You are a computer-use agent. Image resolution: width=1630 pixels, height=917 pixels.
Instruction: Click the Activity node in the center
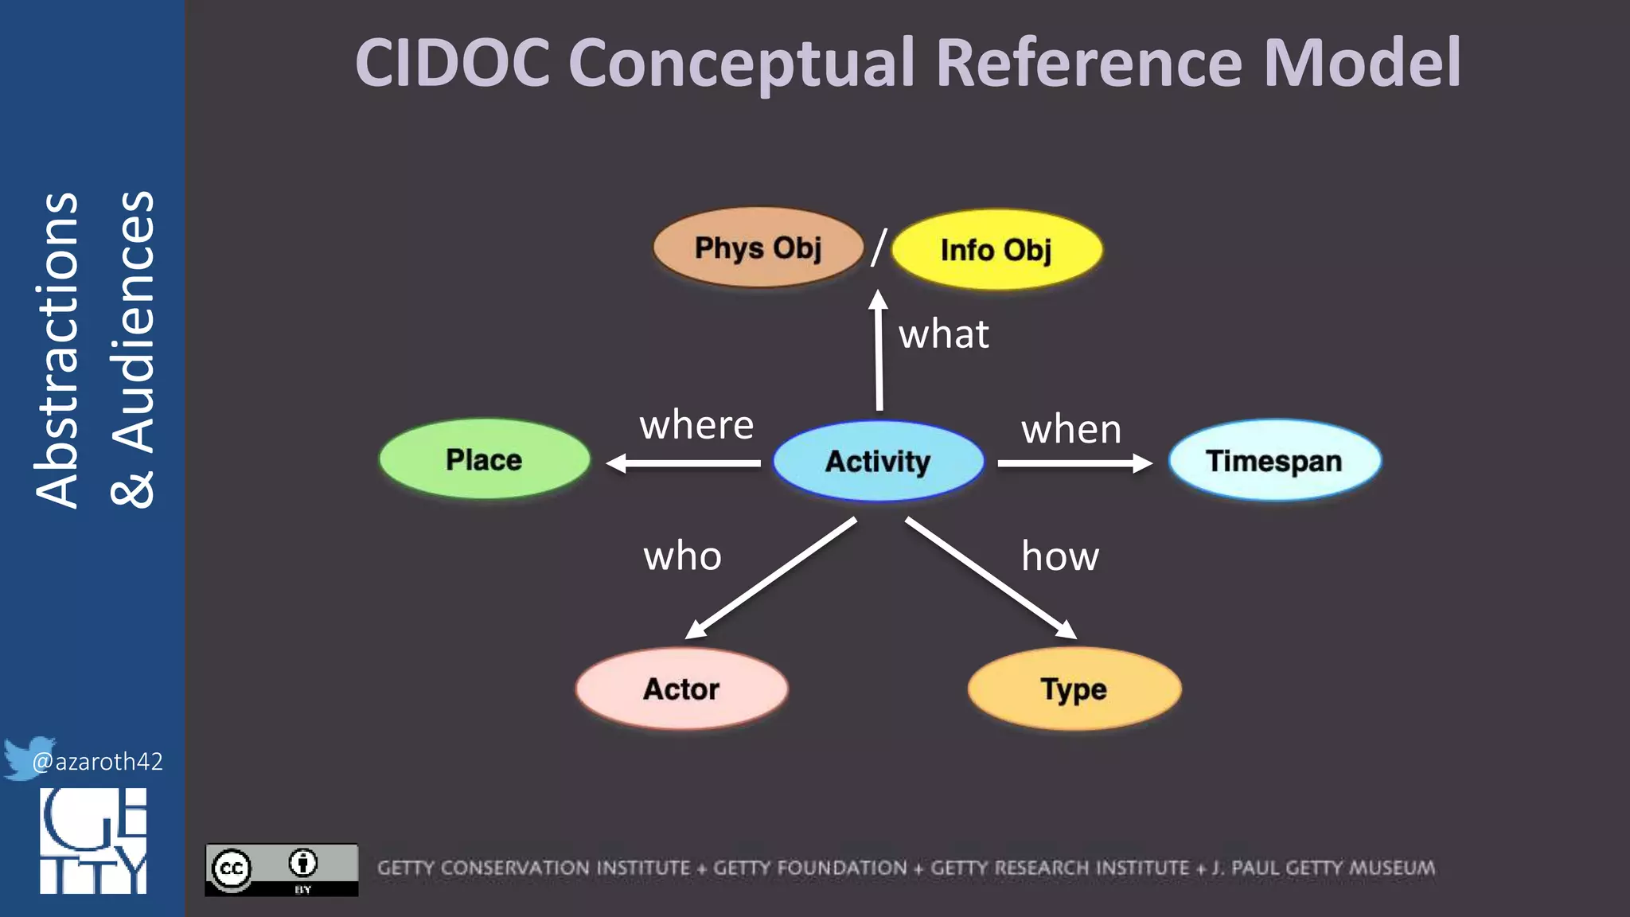click(878, 462)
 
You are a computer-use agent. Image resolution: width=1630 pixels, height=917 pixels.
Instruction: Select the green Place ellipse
click(484, 460)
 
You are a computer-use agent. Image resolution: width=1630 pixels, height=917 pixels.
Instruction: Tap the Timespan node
click(1274, 461)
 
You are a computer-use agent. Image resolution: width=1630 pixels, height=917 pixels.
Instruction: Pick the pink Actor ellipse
click(681, 689)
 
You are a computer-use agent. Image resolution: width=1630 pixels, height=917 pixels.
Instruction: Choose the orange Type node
click(1074, 689)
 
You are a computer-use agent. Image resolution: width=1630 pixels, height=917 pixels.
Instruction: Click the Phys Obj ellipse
click(758, 248)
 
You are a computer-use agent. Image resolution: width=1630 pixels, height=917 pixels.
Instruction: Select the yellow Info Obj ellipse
click(996, 250)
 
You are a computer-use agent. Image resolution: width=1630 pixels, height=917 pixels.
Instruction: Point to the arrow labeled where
click(684, 463)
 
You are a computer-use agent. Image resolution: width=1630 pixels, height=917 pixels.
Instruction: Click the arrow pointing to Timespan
click(1074, 463)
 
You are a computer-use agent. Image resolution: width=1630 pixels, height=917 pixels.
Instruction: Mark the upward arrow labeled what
click(879, 350)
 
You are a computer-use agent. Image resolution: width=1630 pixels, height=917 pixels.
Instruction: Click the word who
click(682, 556)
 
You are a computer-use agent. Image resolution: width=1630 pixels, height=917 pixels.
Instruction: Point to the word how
click(1060, 556)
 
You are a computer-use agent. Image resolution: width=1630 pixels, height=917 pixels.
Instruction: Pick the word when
click(1071, 429)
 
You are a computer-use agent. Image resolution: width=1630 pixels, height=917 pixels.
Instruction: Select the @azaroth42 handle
click(97, 762)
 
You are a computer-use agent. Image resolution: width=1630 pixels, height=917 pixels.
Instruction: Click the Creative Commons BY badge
click(281, 870)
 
